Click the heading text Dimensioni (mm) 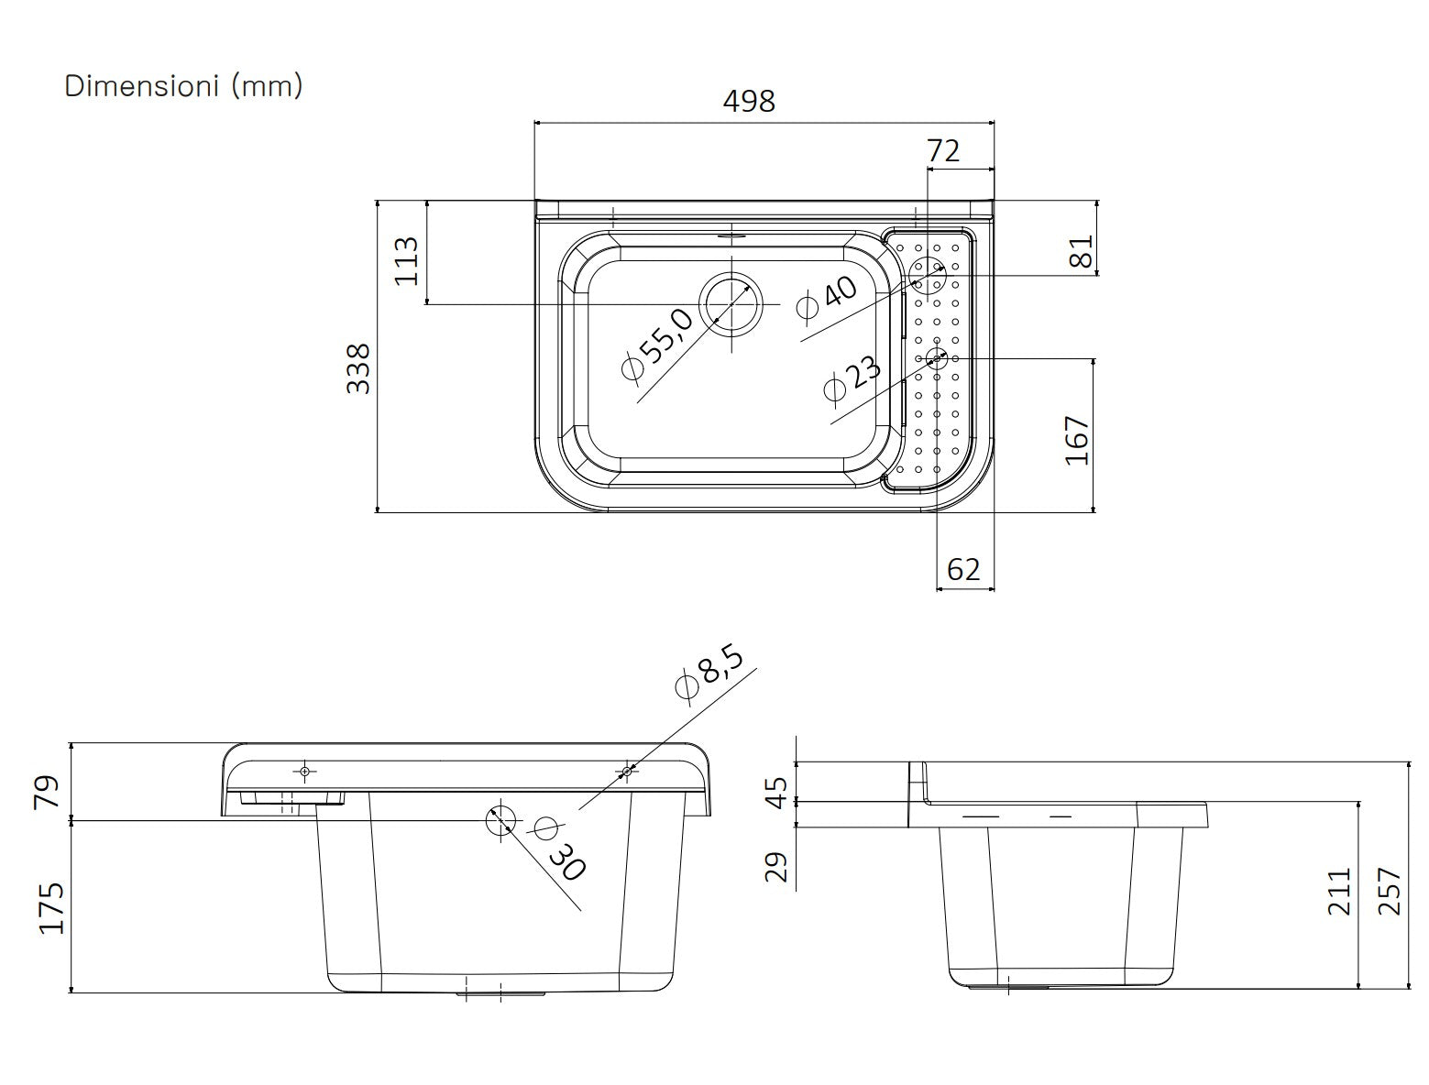[x=183, y=86]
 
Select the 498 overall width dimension [x=749, y=101]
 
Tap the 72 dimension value [x=943, y=150]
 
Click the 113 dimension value [x=406, y=260]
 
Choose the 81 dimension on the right [x=1082, y=251]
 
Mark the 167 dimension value [x=1077, y=440]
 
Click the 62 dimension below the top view [x=963, y=569]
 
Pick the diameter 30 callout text [x=558, y=848]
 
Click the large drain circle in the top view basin [x=731, y=303]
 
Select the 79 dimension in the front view [x=47, y=791]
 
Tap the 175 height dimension [x=51, y=907]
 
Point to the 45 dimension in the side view [x=776, y=792]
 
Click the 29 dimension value [x=776, y=866]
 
